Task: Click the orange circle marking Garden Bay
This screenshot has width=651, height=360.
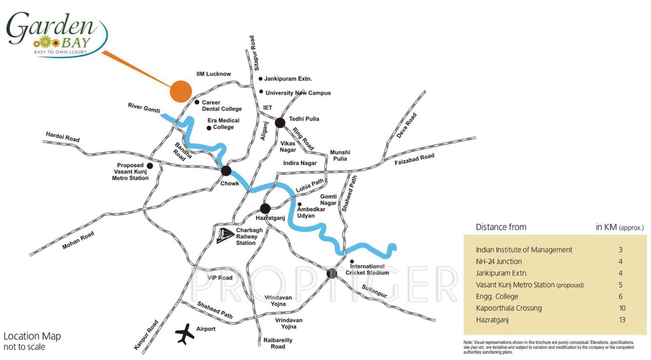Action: point(180,91)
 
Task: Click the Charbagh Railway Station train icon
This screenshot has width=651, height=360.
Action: point(225,235)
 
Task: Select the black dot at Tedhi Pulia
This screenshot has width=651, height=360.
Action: point(280,122)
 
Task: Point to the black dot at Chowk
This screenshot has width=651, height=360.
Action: point(226,171)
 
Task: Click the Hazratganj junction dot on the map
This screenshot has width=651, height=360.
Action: point(265,209)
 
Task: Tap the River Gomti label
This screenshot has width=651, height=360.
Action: point(144,108)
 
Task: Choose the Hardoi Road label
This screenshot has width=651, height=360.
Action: point(62,136)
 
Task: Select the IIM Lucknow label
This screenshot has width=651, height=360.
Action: point(213,74)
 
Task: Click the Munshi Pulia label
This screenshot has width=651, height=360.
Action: point(340,156)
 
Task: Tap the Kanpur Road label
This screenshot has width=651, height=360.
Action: point(146,335)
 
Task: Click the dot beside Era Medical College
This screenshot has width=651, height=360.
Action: point(209,128)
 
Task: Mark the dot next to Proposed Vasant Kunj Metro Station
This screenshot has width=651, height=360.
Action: point(150,166)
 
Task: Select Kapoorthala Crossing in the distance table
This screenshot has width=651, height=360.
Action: point(509,308)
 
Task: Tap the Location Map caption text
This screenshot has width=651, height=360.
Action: point(32,337)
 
